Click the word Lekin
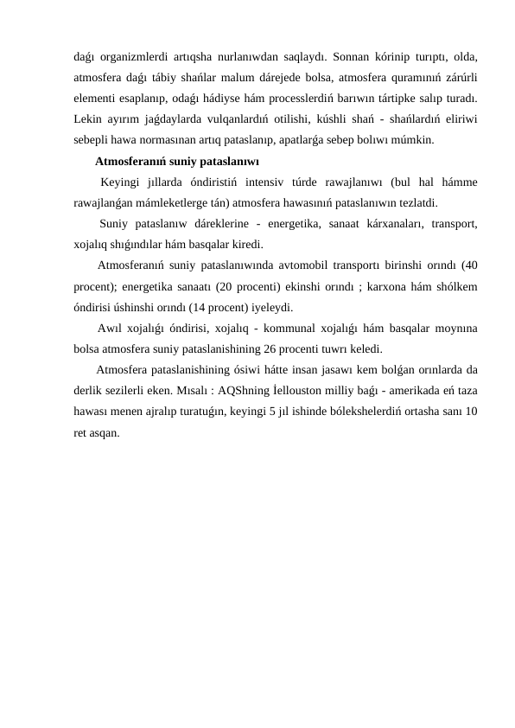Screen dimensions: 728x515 [x=87, y=117]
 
